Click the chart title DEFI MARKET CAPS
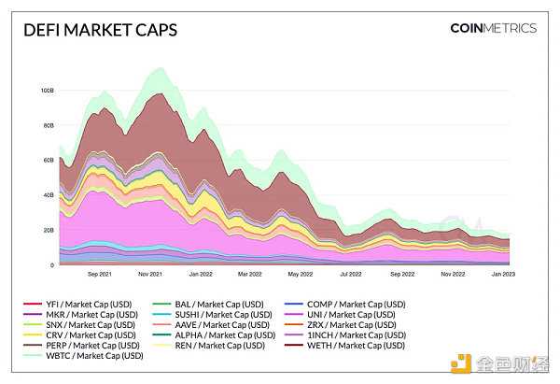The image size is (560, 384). coord(100,30)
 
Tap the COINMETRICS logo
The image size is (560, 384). coord(493,28)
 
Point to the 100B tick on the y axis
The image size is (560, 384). coord(46,91)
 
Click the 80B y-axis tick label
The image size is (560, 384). coord(47,125)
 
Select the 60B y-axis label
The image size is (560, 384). coord(47,161)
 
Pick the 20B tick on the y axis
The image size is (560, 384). coord(47,231)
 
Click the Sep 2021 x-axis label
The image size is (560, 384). coord(100,276)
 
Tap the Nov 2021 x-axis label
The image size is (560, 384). coord(150,276)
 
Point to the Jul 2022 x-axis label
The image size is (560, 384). coord(351,276)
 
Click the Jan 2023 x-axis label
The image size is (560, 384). coord(503,276)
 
